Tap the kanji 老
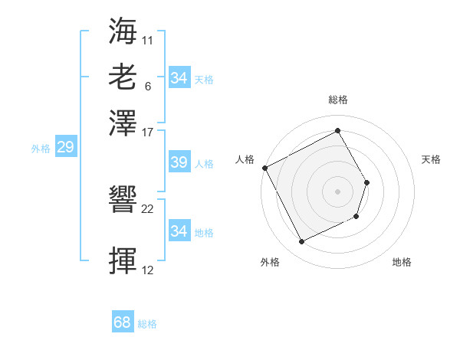pyautogui.click(x=123, y=77)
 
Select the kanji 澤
pyautogui.click(x=123, y=123)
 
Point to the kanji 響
pyautogui.click(x=123, y=201)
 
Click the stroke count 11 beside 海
pyautogui.click(x=148, y=39)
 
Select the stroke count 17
pyautogui.click(x=148, y=131)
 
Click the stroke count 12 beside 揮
pyautogui.click(x=148, y=270)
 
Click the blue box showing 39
pyautogui.click(x=179, y=163)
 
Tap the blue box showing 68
pyautogui.click(x=123, y=323)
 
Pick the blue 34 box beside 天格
pyautogui.click(x=179, y=78)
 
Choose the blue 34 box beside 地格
pyautogui.click(x=179, y=231)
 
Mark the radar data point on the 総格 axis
pyautogui.click(x=337, y=130)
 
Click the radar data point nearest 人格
pyautogui.click(x=264, y=168)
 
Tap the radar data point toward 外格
pyautogui.click(x=301, y=242)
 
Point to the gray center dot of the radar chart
pyautogui.click(x=337, y=191)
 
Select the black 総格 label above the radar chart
pyautogui.click(x=337, y=100)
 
